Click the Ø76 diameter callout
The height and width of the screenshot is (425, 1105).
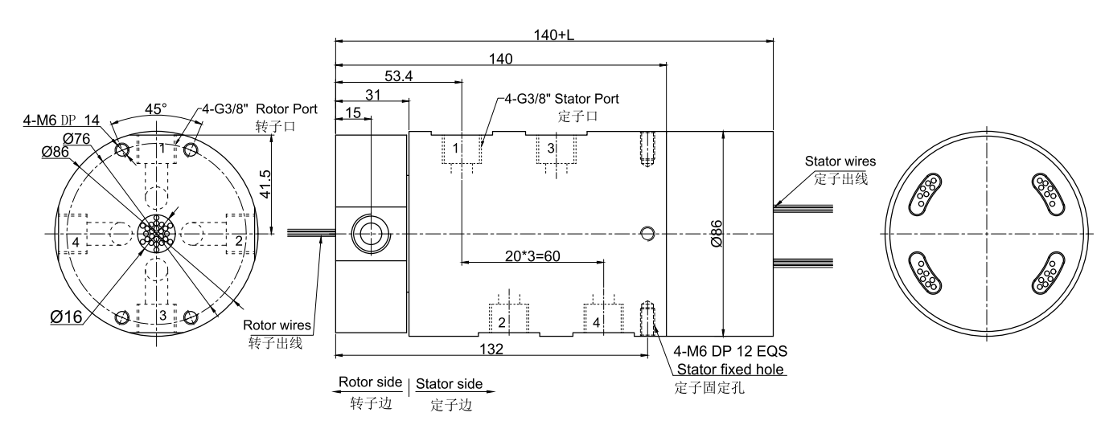click(76, 138)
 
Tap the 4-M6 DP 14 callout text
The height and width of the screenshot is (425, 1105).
click(72, 120)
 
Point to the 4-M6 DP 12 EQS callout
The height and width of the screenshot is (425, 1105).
click(728, 351)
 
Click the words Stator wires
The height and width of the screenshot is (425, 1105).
click(840, 161)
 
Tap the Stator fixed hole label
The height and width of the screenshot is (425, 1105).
click(730, 369)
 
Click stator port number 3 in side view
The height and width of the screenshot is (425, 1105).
click(550, 149)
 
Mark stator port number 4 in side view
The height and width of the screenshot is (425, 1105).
click(596, 322)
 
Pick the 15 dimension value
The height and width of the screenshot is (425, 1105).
click(353, 112)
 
